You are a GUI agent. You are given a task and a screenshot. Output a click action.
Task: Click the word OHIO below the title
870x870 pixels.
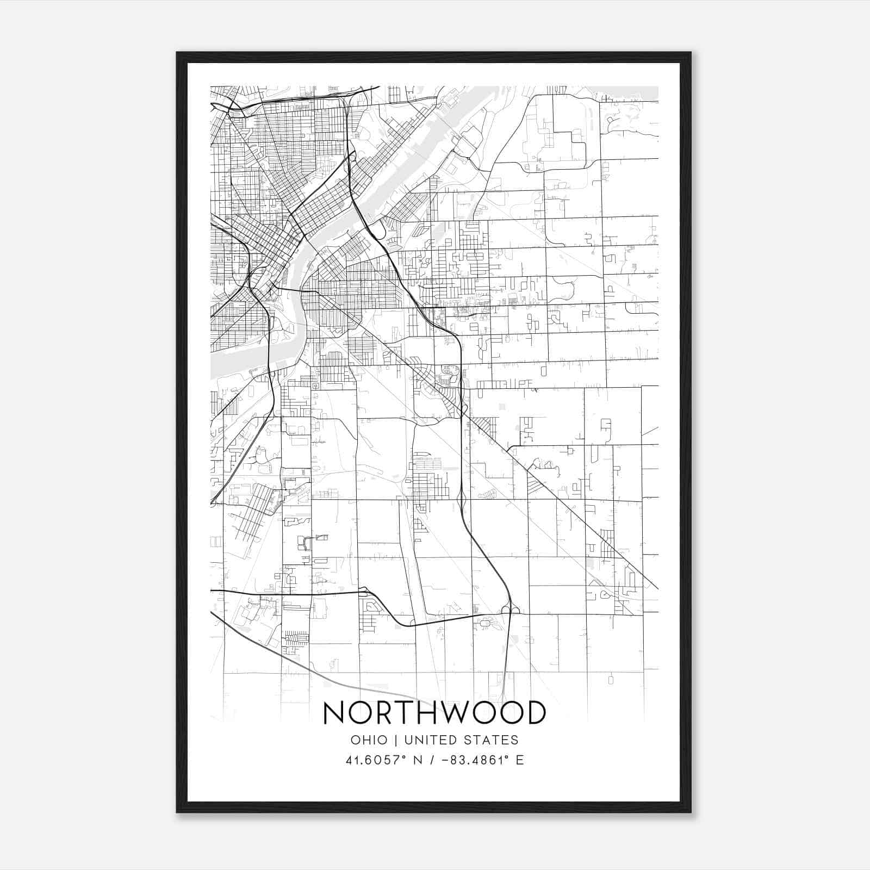[x=369, y=740]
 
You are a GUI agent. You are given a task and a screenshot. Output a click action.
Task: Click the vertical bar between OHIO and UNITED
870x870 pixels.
[x=396, y=740]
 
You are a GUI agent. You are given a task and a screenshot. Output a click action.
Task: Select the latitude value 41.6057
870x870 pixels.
[x=376, y=760]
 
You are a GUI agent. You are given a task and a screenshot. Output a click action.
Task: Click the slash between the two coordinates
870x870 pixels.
[x=433, y=760]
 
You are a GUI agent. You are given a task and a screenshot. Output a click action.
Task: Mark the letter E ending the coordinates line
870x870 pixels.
[x=520, y=760]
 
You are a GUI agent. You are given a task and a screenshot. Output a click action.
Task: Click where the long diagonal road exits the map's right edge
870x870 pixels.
[x=657, y=588]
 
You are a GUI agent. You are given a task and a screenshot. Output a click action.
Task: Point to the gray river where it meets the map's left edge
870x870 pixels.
[x=213, y=364]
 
